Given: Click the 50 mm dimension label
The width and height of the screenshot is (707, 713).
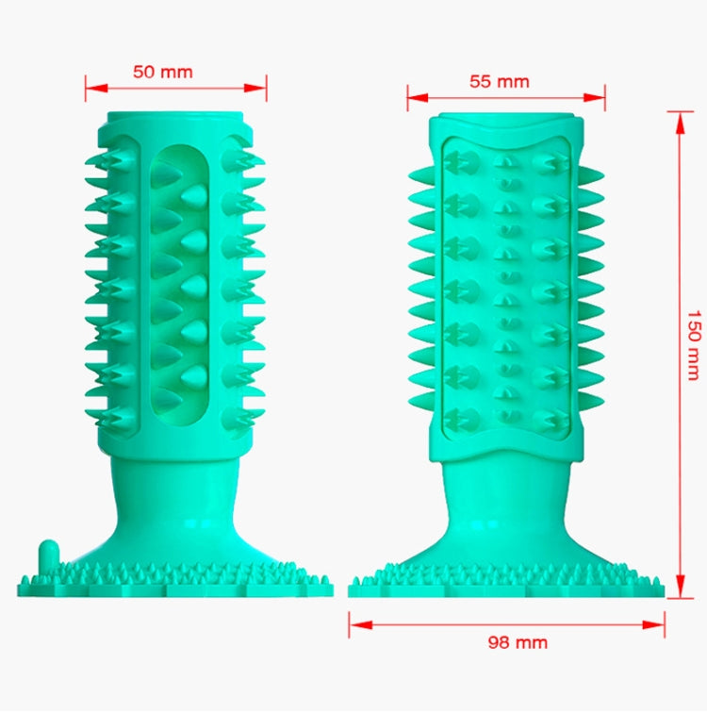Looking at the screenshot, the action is [x=163, y=72].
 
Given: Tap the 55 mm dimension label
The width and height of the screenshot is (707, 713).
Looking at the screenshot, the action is [x=500, y=81].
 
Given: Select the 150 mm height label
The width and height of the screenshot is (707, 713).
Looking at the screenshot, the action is [x=694, y=345].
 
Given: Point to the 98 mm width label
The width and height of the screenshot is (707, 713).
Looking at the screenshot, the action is [x=518, y=642].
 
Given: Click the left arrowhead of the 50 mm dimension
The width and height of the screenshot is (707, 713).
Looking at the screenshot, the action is [x=96, y=88].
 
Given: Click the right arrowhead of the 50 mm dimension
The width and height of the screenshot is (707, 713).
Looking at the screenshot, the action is [x=255, y=88].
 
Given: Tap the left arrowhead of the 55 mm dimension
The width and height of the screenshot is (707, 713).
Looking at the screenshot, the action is [x=418, y=97].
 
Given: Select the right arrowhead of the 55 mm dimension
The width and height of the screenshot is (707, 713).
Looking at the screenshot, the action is [x=594, y=97].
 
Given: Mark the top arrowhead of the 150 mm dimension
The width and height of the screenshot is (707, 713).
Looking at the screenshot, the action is [x=680, y=123].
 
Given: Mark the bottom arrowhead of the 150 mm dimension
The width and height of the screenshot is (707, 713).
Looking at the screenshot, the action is [x=680, y=587].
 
